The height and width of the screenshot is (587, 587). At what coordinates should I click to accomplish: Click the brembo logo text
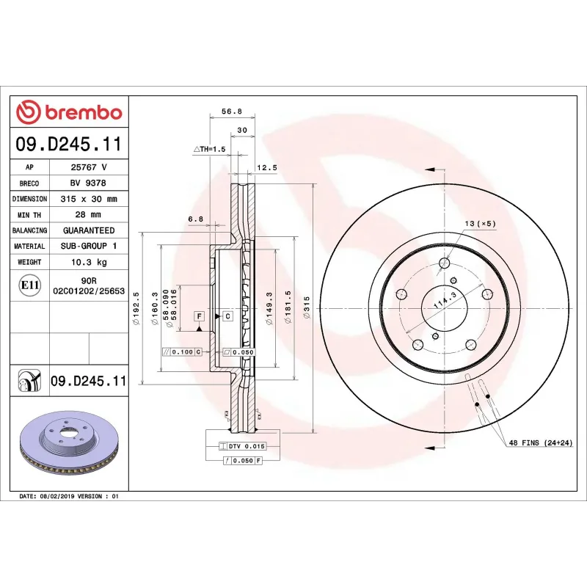pyautogui.click(x=70, y=112)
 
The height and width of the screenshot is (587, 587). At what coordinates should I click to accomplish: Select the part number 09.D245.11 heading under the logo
pyautogui.click(x=69, y=145)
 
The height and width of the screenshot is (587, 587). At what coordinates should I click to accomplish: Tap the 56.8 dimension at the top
pyautogui.click(x=231, y=112)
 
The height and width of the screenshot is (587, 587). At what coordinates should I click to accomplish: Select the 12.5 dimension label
pyautogui.click(x=266, y=167)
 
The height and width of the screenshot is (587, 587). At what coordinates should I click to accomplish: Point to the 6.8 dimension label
pyautogui.click(x=195, y=219)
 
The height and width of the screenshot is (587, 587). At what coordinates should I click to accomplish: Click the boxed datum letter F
pyautogui.click(x=198, y=316)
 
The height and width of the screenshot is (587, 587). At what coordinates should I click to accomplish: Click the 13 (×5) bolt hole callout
pyautogui.click(x=480, y=222)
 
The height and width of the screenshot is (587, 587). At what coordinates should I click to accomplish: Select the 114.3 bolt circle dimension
pyautogui.click(x=440, y=299)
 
